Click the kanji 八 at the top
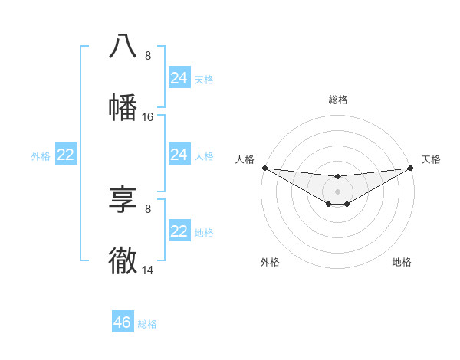click(123, 46)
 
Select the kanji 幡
click(123, 107)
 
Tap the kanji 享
click(123, 200)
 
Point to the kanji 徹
click(123, 261)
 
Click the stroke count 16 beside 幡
click(148, 117)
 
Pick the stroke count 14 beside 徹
click(148, 271)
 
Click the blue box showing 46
click(123, 322)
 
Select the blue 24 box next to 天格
click(179, 78)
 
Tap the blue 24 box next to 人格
click(179, 155)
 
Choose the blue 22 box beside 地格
click(179, 231)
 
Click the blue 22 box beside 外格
click(66, 155)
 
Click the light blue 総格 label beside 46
click(147, 324)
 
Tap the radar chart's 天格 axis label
click(431, 159)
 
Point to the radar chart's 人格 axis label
click(245, 159)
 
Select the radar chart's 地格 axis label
click(402, 262)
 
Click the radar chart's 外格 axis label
click(270, 262)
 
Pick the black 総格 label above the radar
click(338, 100)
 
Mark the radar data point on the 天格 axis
click(411, 168)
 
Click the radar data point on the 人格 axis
click(264, 168)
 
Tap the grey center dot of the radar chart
click(337, 191)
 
